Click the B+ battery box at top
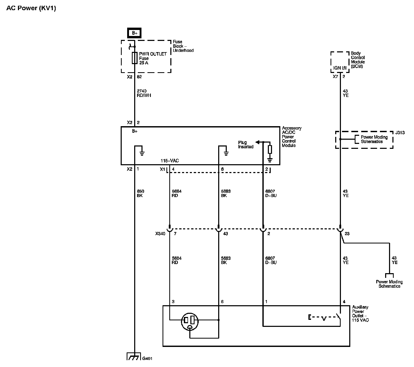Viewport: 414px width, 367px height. (134, 33)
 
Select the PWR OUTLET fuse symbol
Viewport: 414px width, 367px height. (134, 58)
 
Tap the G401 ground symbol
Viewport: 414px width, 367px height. (134, 356)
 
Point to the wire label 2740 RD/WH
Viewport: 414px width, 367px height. (144, 93)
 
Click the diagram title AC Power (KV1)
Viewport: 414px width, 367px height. (31, 8)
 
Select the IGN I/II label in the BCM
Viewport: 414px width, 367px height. (340, 68)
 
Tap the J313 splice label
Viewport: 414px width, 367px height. (400, 133)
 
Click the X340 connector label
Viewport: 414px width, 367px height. (160, 234)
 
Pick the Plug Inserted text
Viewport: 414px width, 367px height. (246, 145)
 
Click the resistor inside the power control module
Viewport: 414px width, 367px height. (270, 150)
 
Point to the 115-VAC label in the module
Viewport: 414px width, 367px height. (170, 161)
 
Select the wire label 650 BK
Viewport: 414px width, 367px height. (140, 193)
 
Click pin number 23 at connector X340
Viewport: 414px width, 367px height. (347, 234)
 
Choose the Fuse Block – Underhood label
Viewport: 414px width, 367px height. (183, 46)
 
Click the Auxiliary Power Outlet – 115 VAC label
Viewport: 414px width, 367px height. (360, 314)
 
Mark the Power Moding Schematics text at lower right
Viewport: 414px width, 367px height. (389, 284)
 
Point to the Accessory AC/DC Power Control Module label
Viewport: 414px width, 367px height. (292, 137)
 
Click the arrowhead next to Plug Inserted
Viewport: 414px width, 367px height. (257, 142)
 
